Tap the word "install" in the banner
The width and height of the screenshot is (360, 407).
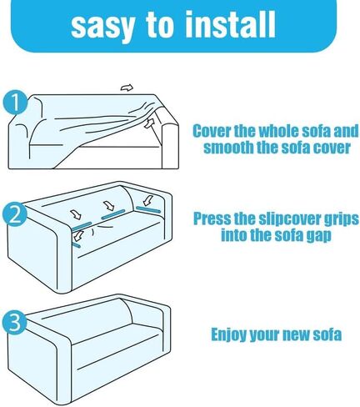coord(230,24)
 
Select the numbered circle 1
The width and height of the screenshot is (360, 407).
coord(16,103)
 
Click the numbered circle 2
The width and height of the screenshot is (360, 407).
coord(15,214)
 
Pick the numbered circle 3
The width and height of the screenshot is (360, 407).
coord(14,322)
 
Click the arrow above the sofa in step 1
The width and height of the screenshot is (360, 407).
coord(127,88)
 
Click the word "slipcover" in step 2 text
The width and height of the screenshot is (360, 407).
coord(289,219)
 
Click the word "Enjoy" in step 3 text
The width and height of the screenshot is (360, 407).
coord(229,334)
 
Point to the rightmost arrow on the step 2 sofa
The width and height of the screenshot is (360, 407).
coord(149,199)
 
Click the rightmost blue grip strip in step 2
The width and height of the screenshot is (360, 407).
coord(148,209)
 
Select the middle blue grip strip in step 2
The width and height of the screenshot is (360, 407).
coord(112,214)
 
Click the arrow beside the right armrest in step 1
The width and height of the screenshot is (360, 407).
coord(149,123)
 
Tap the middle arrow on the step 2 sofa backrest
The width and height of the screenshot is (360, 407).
coord(108,206)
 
